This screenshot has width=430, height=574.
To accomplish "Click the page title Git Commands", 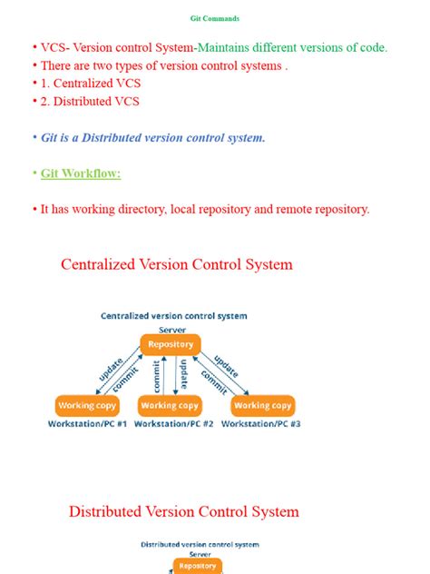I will tap(214, 18).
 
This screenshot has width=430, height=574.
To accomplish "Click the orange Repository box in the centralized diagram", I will tap(170, 344).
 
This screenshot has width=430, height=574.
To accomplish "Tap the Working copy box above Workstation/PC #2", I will tap(170, 405).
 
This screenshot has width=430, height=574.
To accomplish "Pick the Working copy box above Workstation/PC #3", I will tap(262, 405).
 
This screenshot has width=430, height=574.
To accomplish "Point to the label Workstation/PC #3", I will tap(261, 424).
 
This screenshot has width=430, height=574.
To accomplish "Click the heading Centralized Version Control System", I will tap(177, 264).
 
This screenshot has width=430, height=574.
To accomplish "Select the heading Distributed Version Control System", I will tap(183, 511).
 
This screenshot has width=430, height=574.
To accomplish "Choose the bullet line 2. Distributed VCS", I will tap(90, 102).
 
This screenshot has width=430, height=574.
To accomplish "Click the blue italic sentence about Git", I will tap(153, 138).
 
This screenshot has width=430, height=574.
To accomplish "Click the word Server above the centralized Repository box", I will tap(172, 330).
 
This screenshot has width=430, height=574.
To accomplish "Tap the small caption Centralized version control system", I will tap(173, 316).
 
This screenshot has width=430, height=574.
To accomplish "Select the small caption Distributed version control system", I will tap(200, 545).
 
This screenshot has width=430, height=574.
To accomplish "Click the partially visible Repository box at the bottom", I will tap(197, 566).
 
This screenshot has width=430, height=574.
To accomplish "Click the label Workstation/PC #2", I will tap(173, 424).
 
